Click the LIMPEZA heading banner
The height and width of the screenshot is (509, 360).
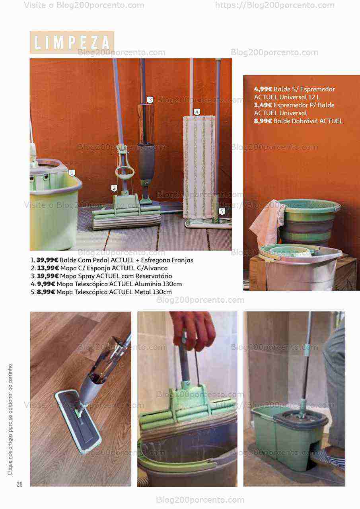[x=72, y=42]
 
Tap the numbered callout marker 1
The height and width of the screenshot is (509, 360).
[x=72, y=173]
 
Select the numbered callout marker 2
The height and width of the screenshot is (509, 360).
[x=114, y=188]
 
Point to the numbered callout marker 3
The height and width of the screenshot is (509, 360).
[x=150, y=100]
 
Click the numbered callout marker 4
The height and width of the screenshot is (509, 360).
[x=197, y=112]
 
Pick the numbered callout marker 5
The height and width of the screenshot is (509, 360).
[x=222, y=212]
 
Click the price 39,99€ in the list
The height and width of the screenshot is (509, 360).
[x=47, y=260]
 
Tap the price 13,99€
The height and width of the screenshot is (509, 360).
[x=48, y=268]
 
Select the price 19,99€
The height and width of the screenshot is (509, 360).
[x=48, y=276]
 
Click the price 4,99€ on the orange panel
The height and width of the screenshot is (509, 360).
[x=263, y=89]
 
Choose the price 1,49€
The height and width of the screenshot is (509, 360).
[x=263, y=105]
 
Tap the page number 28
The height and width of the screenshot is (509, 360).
[x=19, y=484]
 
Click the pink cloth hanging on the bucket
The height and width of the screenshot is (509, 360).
[x=268, y=222]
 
